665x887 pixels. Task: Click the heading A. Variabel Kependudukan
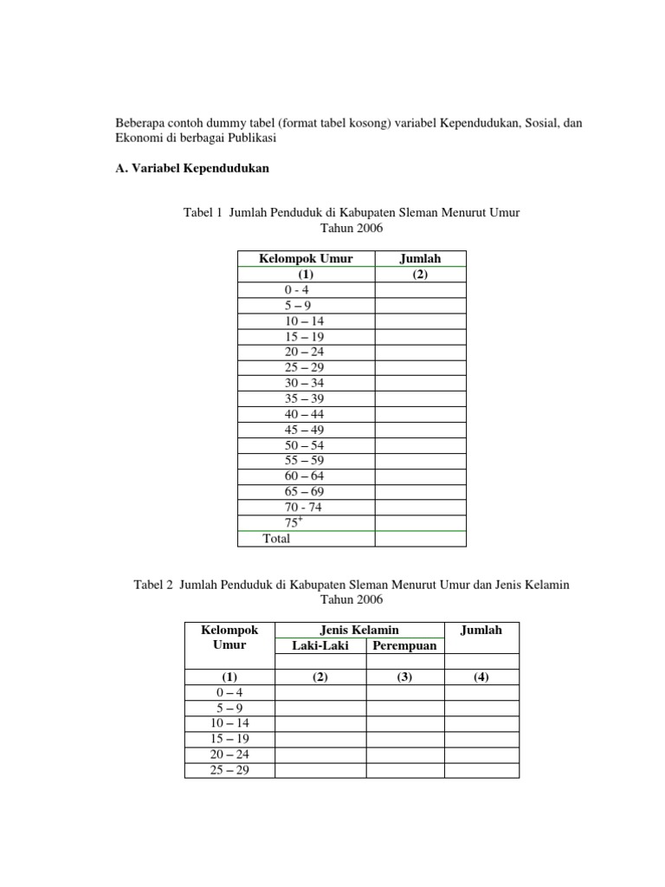(x=192, y=169)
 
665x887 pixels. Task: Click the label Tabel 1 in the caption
(x=203, y=212)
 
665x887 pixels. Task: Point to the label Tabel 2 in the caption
(x=153, y=585)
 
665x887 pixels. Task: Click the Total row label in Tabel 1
(x=276, y=539)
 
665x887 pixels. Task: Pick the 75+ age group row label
(x=294, y=522)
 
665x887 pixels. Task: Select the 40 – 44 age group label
(x=304, y=414)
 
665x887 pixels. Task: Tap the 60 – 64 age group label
(x=304, y=476)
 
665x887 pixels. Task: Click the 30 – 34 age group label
(x=304, y=383)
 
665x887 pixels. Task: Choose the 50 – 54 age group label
(x=304, y=445)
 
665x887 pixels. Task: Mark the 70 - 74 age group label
(x=304, y=508)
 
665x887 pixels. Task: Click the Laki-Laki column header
(x=320, y=645)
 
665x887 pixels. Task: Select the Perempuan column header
(x=404, y=645)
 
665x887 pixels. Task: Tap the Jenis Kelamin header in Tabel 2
(x=359, y=630)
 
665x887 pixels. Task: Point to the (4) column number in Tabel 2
(x=481, y=677)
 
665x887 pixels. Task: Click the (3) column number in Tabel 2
(x=404, y=677)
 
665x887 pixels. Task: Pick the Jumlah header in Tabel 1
(x=420, y=259)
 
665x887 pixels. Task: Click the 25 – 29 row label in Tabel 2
(x=229, y=770)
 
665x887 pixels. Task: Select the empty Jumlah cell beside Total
(x=420, y=539)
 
